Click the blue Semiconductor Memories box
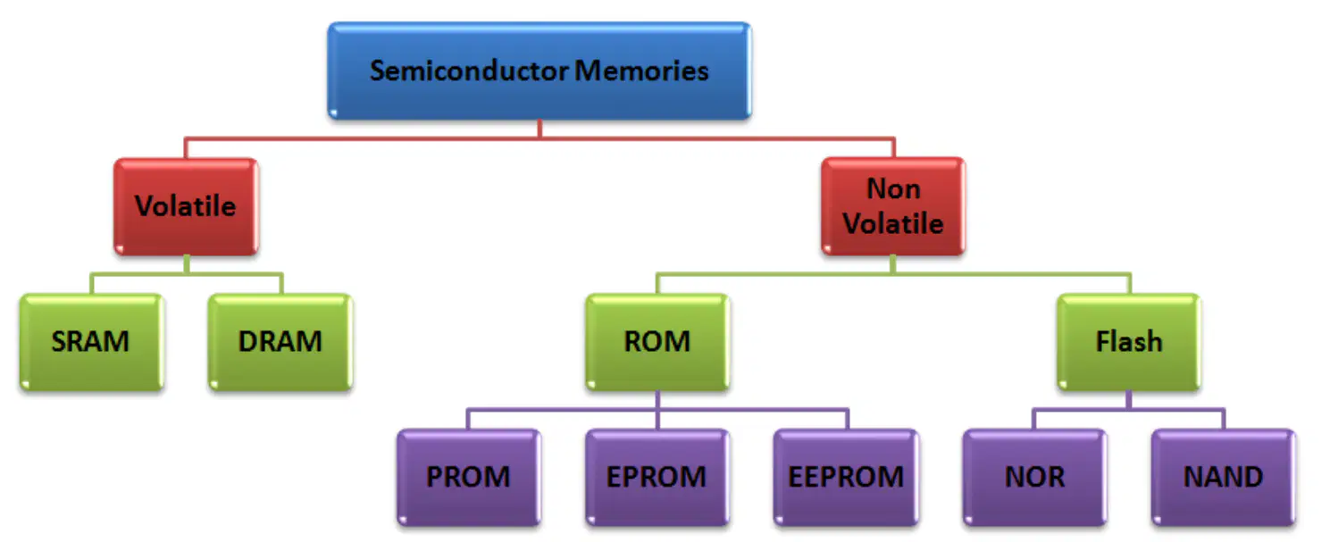540,71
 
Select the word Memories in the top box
642,71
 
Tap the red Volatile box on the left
186,206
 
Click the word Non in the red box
893,188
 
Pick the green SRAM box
91,342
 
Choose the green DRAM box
280,342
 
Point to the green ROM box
657,342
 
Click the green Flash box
1129,342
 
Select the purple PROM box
469,478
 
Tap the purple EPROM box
657,478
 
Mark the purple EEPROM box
846,478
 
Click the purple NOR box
1035,478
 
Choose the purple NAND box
1223,478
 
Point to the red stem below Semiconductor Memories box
540,129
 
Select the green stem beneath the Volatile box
187,265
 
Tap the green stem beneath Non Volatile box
893,265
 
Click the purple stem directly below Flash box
1129,400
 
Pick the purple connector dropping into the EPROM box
657,420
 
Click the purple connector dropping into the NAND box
1224,419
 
